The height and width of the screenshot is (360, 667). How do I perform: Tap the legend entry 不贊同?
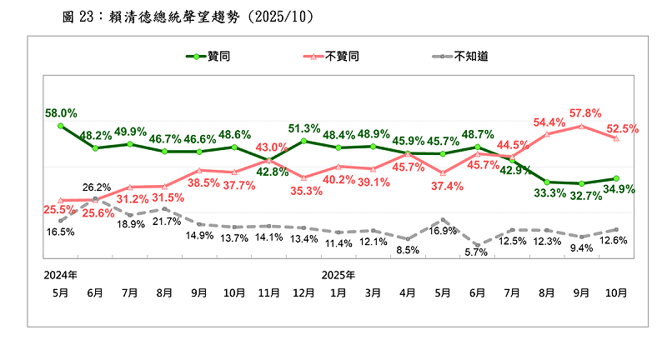click(344, 57)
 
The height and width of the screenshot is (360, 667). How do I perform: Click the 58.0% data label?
click(62, 112)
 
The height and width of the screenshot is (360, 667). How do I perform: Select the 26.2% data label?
click(97, 187)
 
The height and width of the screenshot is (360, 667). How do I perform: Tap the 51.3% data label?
click(304, 127)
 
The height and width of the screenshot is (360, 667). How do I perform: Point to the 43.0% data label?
click(272, 147)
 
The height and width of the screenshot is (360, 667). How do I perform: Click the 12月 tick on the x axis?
click(304, 293)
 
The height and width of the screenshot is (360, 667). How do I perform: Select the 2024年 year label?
click(61, 274)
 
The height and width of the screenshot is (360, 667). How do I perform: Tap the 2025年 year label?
click(339, 274)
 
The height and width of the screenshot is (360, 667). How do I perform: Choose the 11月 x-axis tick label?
click(269, 293)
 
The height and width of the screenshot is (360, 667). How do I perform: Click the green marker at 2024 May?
click(61, 126)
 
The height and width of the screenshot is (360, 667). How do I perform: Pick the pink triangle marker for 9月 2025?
click(582, 126)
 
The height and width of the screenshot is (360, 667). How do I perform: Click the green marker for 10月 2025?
click(615, 177)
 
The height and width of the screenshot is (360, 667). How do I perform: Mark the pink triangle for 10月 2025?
click(615, 138)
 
